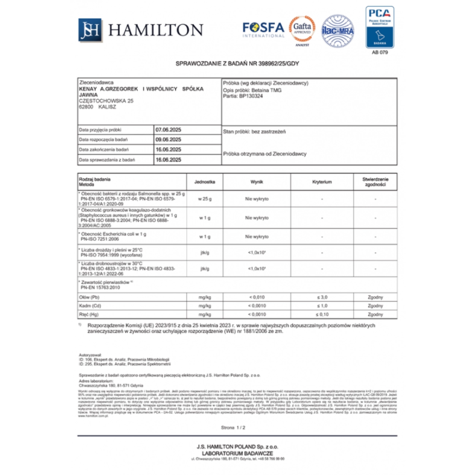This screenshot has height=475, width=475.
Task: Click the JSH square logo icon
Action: click(90, 30)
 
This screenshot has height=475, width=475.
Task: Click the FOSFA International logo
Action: click(263, 29)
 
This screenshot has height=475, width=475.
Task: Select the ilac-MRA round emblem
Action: click(337, 31)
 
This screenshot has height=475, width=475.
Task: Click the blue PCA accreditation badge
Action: click(380, 27)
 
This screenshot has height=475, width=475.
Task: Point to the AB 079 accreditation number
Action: click(380, 52)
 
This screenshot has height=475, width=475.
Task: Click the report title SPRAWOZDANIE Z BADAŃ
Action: click(237, 63)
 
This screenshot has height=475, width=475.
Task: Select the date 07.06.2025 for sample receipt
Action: click(168, 130)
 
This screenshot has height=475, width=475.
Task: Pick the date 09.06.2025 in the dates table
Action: click(168, 139)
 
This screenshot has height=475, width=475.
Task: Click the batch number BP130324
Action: click(251, 96)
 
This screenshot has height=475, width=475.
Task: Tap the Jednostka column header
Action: click(204, 182)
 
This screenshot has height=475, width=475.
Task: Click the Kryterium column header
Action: click(322, 182)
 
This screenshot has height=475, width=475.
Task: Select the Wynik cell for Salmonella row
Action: click(257, 199)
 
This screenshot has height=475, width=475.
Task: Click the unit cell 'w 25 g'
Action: click(204, 199)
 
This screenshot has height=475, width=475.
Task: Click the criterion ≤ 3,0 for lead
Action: click(322, 297)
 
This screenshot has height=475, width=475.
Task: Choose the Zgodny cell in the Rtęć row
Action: click(375, 314)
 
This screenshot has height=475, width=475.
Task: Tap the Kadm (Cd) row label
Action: click(90, 306)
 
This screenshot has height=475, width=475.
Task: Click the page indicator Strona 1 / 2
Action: click(233, 427)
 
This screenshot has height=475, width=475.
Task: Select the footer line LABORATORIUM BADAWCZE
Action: click(237, 453)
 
